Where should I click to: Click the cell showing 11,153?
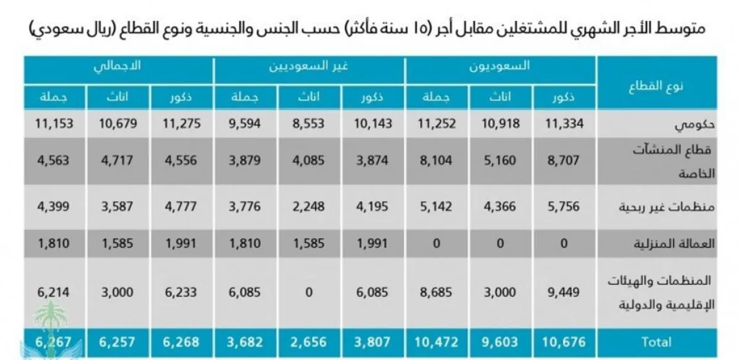[x=56, y=124]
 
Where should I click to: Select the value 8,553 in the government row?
[x=310, y=124]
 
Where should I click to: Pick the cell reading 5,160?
[x=500, y=162]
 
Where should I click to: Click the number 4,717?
[x=119, y=162]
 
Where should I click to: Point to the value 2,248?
[x=310, y=207]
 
